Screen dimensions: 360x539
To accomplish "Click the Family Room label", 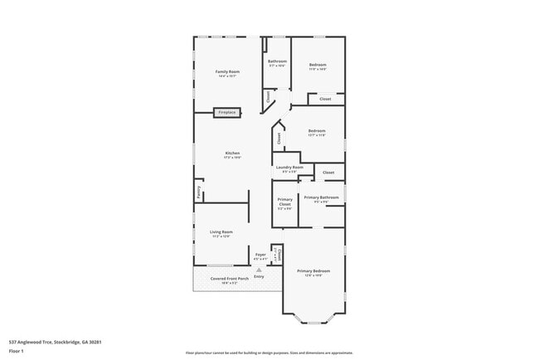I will tap(227, 72).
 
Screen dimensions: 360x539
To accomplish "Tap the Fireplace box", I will tap(227, 112).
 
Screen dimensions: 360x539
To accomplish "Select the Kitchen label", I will tap(233, 153).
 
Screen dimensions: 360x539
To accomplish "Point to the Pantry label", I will tap(199, 192).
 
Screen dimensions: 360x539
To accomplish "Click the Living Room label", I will tap(221, 231).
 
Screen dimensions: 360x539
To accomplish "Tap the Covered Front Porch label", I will tap(230, 279).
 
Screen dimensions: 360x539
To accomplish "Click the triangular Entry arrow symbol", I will tap(260, 270).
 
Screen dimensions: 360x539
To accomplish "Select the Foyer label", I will tap(260, 254).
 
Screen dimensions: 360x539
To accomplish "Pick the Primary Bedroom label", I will tap(313, 271).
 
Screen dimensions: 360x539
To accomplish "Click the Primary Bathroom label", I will tap(321, 197).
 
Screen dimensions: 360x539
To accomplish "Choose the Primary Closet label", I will tap(284, 202).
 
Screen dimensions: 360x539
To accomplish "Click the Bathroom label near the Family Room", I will tap(277, 61).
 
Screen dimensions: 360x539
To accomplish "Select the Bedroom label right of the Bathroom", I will tap(318, 65).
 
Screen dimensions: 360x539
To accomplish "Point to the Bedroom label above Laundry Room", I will tap(317, 130).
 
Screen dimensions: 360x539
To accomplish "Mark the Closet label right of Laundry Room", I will tap(328, 173).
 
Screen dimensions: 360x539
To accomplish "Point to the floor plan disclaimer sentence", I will tap(269, 352).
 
